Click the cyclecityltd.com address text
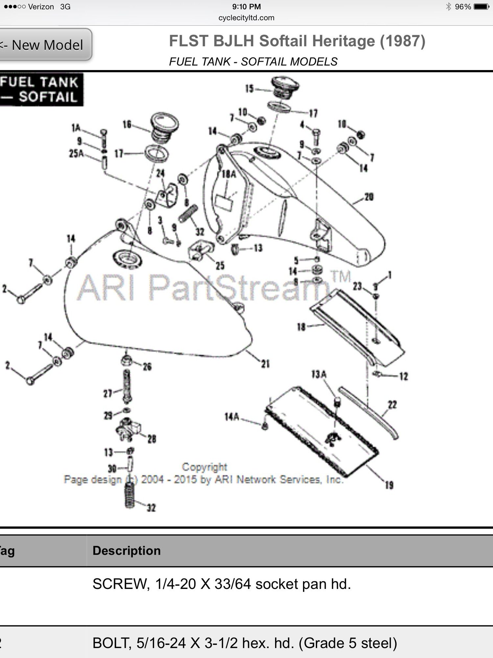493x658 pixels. [246, 18]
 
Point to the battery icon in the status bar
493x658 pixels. [481, 7]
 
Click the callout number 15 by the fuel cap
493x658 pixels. [249, 88]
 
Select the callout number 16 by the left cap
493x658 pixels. [127, 124]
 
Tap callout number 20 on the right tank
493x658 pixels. [369, 197]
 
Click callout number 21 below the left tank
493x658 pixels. [265, 364]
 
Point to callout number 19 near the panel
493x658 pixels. [389, 485]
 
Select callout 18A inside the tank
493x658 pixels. [229, 174]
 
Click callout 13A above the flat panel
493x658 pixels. [319, 374]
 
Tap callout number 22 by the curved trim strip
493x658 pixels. [392, 405]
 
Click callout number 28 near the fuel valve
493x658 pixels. [152, 439]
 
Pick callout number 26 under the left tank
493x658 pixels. [147, 367]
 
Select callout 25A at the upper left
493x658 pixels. [76, 153]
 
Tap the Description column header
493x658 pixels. [127, 551]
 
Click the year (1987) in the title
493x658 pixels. [402, 41]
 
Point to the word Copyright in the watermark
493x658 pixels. [204, 467]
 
